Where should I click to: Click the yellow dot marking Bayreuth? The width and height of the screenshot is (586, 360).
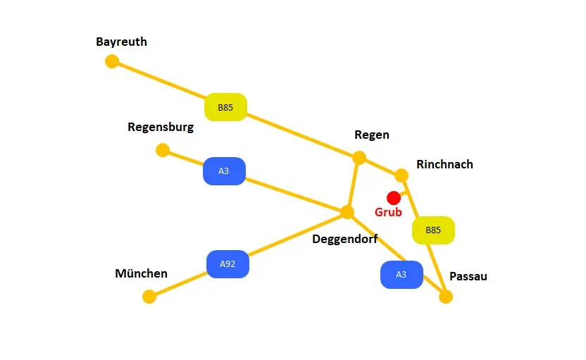[112, 61]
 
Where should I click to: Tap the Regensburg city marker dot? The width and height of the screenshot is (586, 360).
[163, 150]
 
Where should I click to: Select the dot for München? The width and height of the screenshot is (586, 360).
[149, 297]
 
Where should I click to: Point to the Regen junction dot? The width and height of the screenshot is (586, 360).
[359, 158]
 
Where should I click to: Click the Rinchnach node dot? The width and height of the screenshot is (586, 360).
[401, 175]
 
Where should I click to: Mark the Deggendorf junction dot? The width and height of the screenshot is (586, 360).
[347, 212]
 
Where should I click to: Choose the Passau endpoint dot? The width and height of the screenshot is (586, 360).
[446, 297]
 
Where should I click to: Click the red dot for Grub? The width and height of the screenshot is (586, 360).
[394, 198]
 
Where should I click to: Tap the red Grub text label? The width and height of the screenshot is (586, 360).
[388, 212]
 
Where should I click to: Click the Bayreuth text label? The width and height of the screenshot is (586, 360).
[122, 42]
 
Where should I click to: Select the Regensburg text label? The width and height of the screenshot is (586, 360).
[161, 128]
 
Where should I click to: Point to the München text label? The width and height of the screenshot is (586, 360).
[142, 273]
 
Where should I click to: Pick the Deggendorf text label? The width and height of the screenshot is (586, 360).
[345, 239]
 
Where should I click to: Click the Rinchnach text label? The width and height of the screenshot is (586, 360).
[445, 164]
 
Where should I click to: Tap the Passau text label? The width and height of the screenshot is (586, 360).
[468, 276]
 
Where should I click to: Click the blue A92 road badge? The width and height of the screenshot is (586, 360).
[227, 264]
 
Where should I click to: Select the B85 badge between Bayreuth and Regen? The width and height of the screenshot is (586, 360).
[225, 107]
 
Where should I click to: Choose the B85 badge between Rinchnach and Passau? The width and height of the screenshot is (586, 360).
[433, 230]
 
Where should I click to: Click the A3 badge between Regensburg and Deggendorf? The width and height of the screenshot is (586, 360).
[224, 171]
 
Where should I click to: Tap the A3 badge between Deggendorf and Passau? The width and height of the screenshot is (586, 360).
[401, 275]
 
